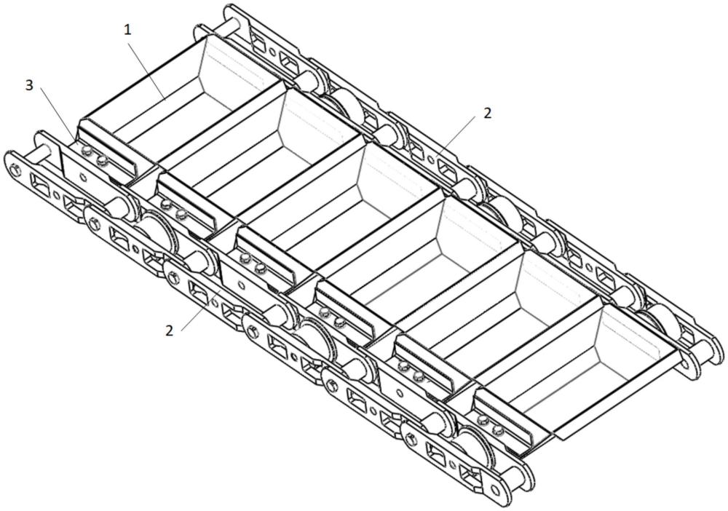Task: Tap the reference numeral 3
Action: tap(29, 85)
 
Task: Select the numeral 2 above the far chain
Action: tap(487, 113)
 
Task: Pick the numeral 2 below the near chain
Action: tap(169, 330)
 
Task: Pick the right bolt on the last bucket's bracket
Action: tap(498, 431)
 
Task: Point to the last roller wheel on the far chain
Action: tap(659, 320)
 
